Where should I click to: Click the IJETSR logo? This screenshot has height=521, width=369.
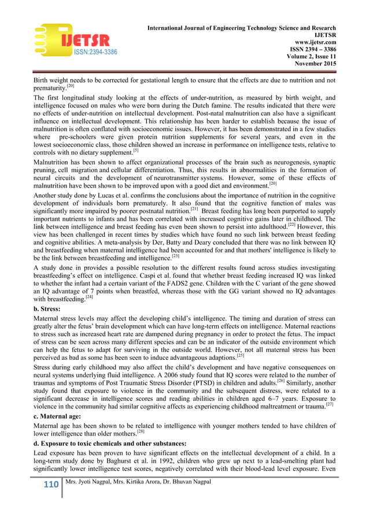tap(75, 40)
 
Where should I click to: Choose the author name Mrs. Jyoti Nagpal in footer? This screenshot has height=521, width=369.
tap(94, 481)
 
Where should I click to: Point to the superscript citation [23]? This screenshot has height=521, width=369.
tap(175, 255)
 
